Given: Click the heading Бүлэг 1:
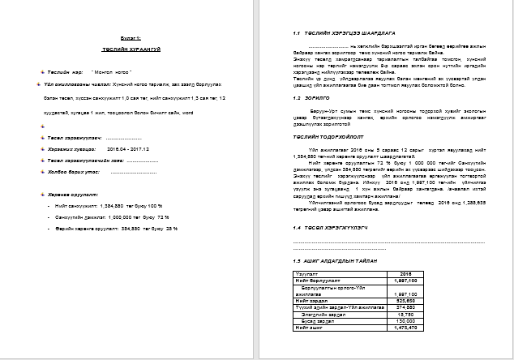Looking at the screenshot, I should click(x=132, y=38).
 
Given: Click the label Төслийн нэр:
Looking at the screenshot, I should click(x=64, y=71).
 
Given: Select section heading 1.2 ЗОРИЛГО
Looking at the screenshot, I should click(x=313, y=96).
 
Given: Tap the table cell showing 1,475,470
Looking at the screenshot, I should click(x=410, y=328).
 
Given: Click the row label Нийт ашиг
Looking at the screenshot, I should click(x=309, y=328).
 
